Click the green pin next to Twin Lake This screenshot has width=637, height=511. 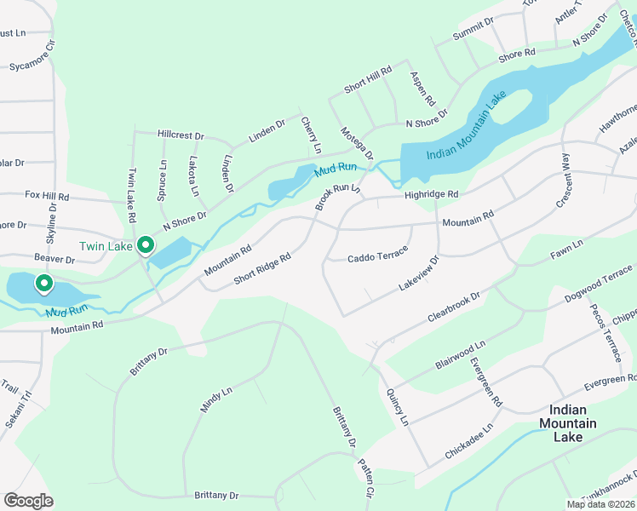click(146, 246)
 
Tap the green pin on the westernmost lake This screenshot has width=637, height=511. click(43, 283)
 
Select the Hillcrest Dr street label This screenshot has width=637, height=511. click(181, 135)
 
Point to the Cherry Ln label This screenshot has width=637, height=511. click(311, 135)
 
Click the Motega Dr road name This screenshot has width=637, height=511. click(357, 141)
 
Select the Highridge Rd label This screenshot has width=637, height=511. click(431, 195)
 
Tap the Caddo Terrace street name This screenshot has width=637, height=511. click(378, 255)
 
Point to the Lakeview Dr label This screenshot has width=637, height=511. click(419, 273)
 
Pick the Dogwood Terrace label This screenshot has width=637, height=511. click(599, 284)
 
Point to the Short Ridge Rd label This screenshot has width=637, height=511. click(262, 268)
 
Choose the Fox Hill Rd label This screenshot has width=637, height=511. click(47, 196)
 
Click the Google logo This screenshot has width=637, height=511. click(28, 500)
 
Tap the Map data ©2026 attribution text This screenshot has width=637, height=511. click(600, 504)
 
